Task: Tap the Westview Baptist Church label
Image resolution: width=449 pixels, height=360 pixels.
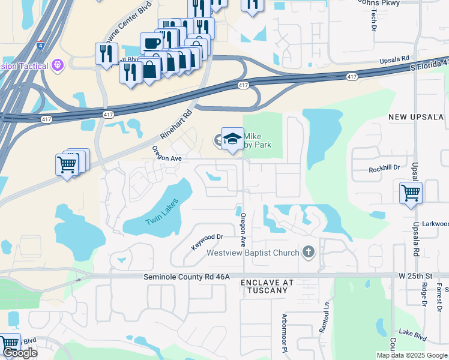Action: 253,253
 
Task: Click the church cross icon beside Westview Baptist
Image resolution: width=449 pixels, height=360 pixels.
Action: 309,252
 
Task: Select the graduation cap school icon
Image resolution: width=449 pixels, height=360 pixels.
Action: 232,139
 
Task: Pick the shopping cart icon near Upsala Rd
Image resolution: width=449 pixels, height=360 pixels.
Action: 411,193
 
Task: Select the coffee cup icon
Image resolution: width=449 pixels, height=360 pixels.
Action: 151,43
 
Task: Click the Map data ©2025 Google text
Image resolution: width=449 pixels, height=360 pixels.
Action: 412,355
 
